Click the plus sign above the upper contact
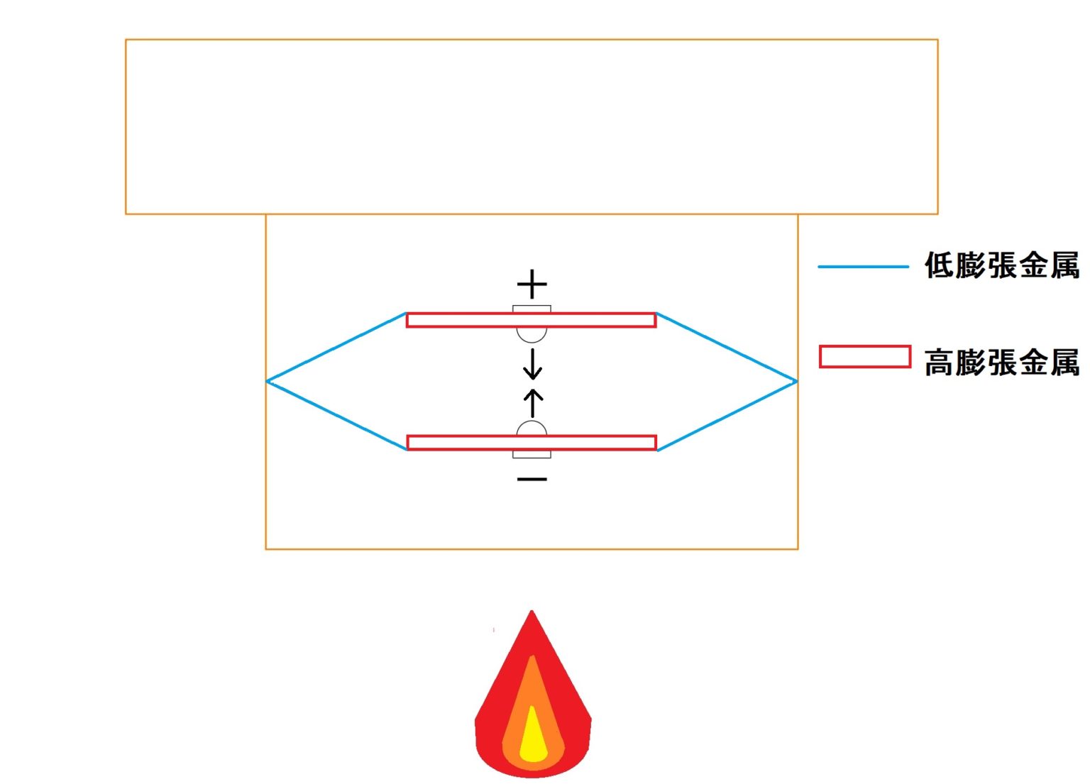[x=532, y=285]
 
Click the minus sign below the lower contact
[x=532, y=480]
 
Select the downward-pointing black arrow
[x=532, y=364]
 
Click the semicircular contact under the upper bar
[x=532, y=334]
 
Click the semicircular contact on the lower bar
[x=532, y=429]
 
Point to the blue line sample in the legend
[x=863, y=267]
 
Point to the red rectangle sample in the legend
[x=864, y=357]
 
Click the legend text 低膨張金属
[x=1001, y=266]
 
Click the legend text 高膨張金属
[x=1001, y=363]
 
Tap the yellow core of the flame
[x=533, y=741]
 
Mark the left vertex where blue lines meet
[x=268, y=382]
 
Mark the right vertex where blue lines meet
[x=796, y=382]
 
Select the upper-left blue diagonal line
[x=336, y=347]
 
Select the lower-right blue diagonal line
[x=727, y=416]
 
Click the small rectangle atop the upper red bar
[x=532, y=309]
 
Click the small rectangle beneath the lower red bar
[x=532, y=454]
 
